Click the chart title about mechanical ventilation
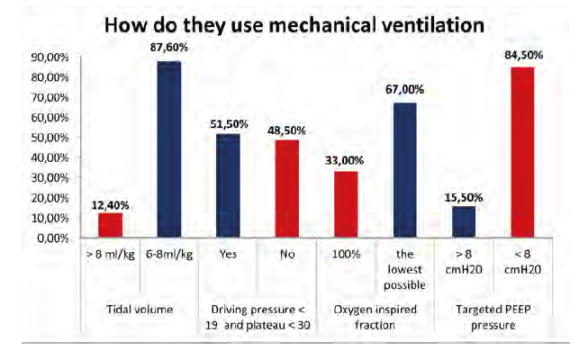[x=294, y=24]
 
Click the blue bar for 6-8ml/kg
[x=168, y=149]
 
